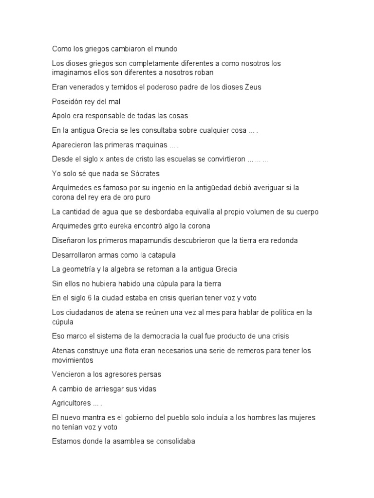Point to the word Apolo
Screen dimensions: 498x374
pos(61,116)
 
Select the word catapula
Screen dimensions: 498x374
pos(159,255)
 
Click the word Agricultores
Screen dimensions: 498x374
pos(71,403)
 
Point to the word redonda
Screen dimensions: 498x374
pos(281,241)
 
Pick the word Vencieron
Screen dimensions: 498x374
pos(69,374)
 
